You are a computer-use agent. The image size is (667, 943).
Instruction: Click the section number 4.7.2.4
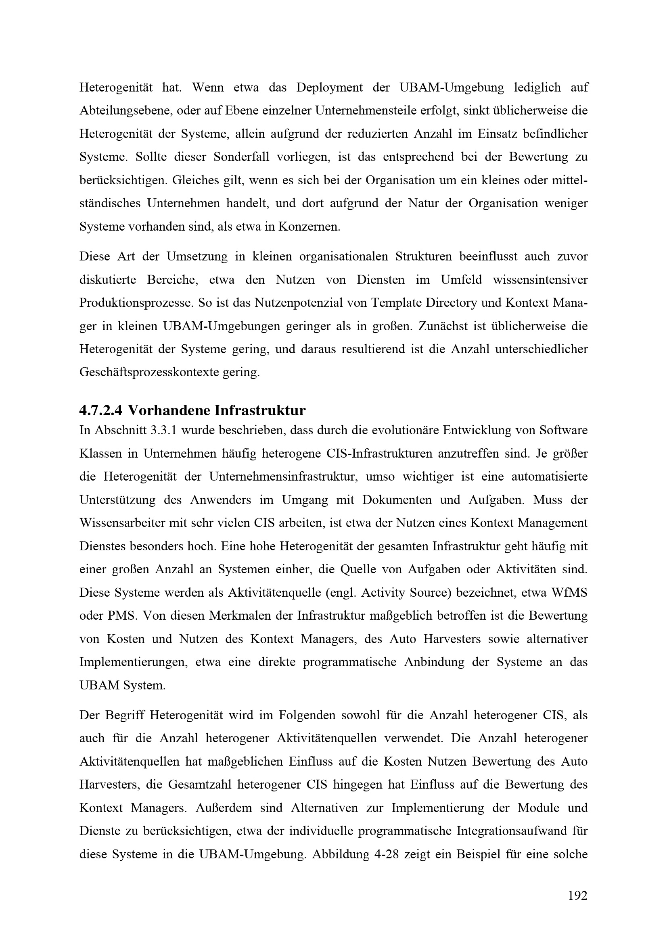click(x=100, y=410)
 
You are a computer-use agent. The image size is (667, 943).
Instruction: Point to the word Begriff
click(x=125, y=716)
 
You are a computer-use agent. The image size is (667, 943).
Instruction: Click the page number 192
click(x=577, y=896)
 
